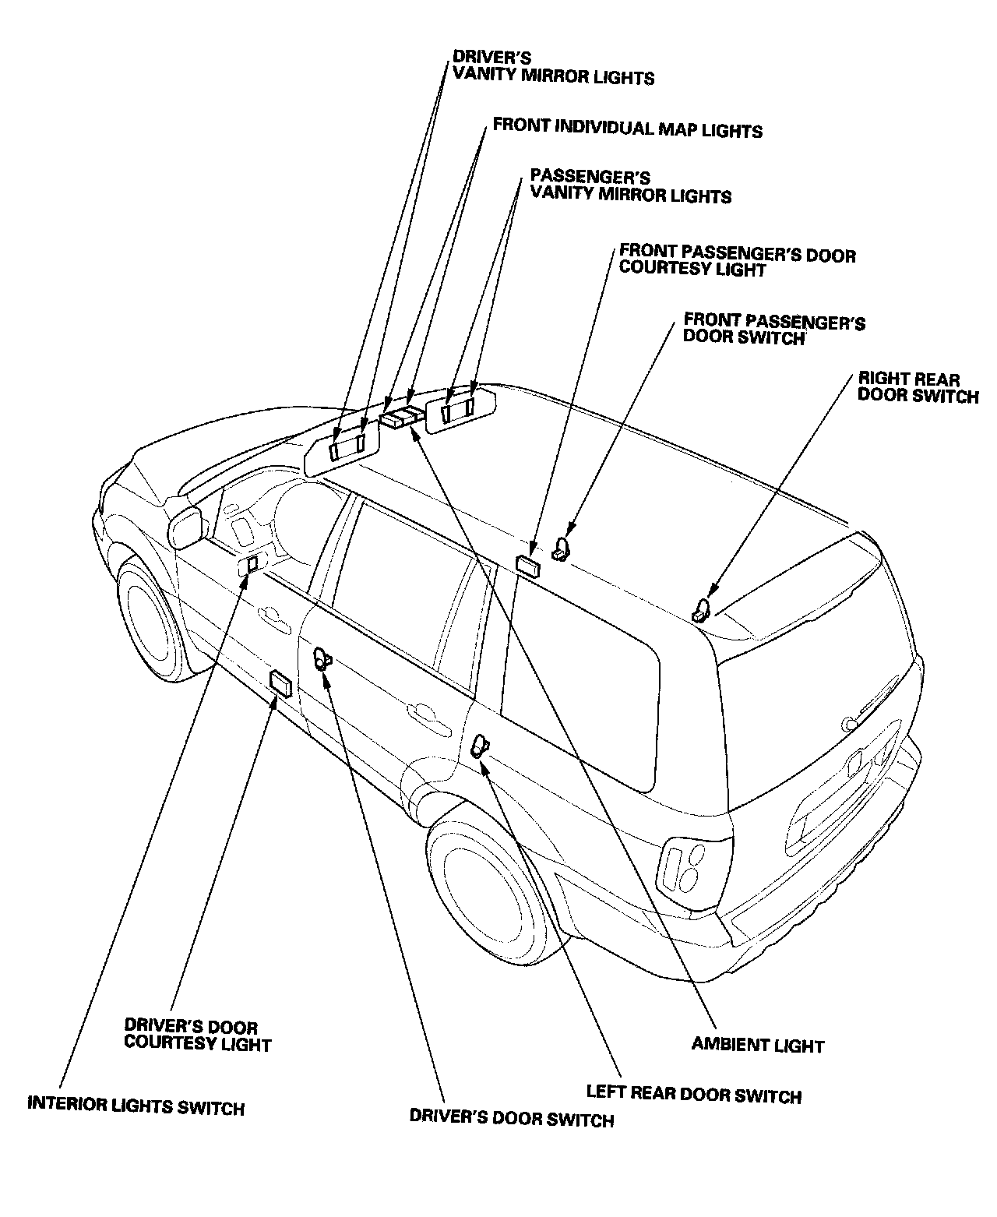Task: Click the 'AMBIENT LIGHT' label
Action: click(x=757, y=1045)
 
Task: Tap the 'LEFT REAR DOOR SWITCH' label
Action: click(x=693, y=1095)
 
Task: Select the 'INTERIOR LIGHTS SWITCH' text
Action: click(x=136, y=1106)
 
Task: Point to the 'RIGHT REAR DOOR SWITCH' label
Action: click(x=918, y=387)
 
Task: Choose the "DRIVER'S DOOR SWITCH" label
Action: click(x=512, y=1120)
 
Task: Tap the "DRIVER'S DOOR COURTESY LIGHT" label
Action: click(x=197, y=1035)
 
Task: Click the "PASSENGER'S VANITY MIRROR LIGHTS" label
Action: click(x=630, y=186)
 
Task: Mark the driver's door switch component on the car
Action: click(x=321, y=658)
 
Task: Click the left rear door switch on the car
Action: click(x=479, y=746)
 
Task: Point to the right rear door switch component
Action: click(x=701, y=609)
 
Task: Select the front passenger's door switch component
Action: click(x=561, y=549)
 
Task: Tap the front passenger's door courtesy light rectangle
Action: click(x=529, y=564)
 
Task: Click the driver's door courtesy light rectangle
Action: click(x=280, y=683)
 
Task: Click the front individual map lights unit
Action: click(x=402, y=417)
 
